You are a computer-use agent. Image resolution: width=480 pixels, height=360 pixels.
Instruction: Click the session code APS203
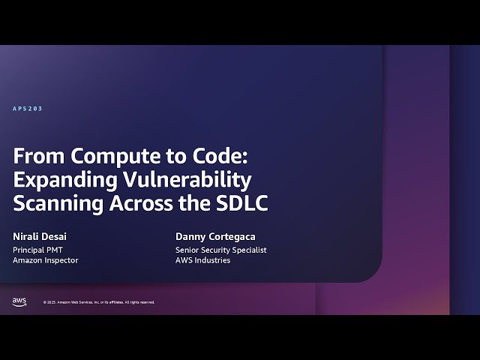[28, 109]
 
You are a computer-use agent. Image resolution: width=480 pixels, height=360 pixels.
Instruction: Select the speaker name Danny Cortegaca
[216, 237]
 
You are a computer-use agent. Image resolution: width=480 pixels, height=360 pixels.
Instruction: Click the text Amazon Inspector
[46, 260]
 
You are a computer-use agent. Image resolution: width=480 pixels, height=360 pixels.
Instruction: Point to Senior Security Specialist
[221, 250]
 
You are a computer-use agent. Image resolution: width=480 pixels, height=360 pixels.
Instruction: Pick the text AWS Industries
[202, 260]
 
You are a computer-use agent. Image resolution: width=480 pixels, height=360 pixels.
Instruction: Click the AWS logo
[19, 301]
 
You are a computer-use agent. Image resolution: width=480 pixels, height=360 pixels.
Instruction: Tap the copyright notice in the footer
[99, 302]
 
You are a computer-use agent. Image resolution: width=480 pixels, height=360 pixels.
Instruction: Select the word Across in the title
[139, 203]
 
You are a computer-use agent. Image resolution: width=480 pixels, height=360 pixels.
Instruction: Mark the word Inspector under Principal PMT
[61, 260]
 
